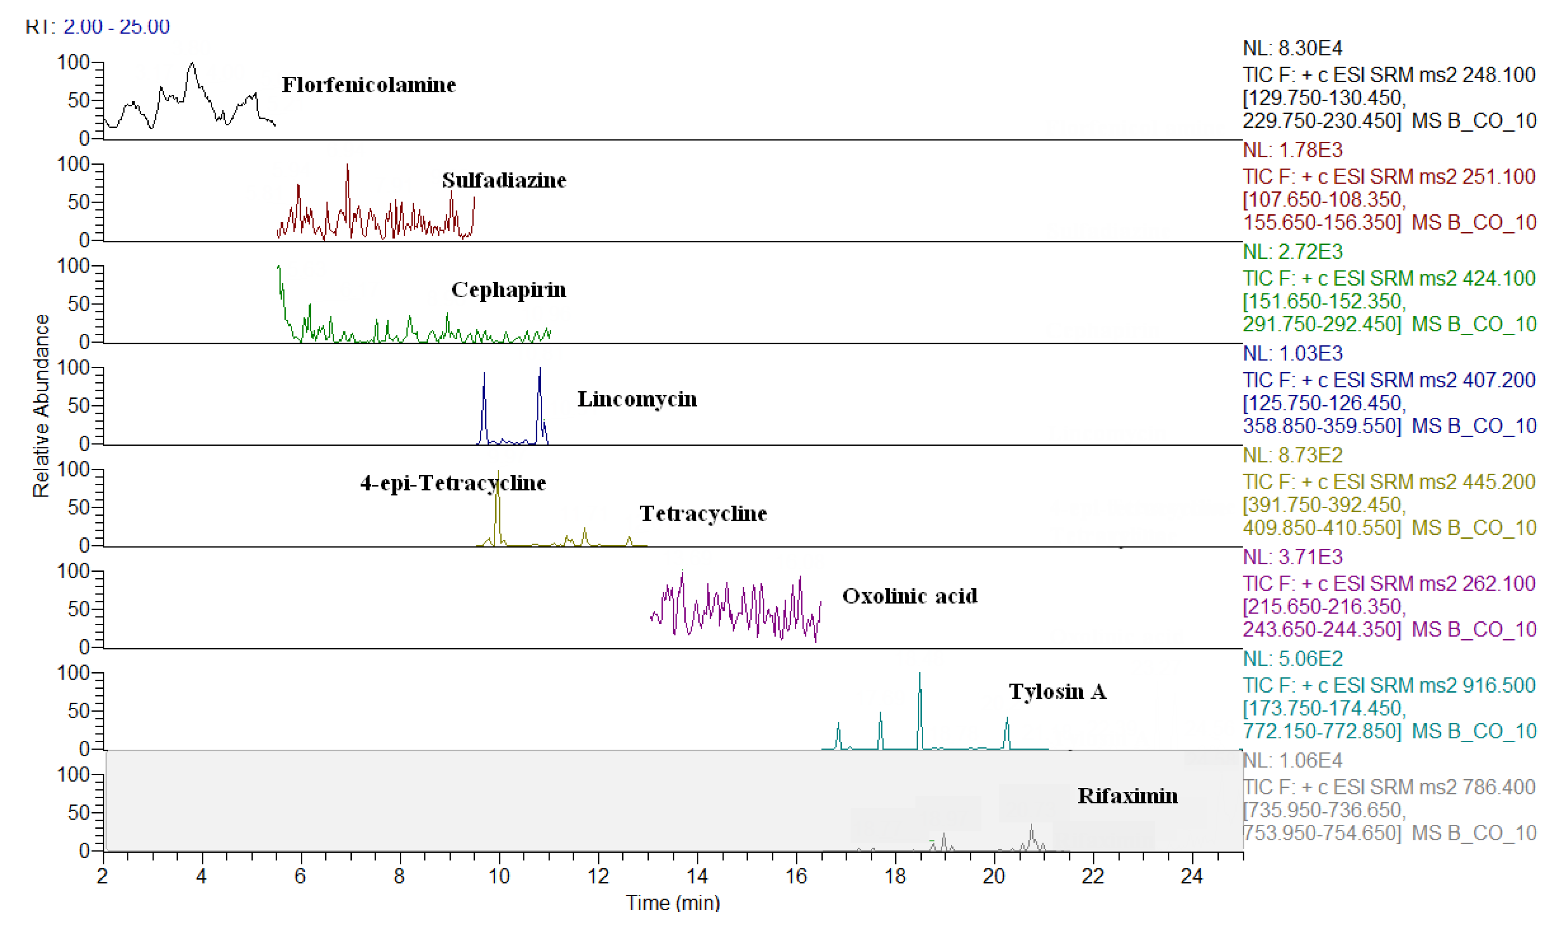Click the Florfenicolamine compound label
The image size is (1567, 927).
[x=368, y=85]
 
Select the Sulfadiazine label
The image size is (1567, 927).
[x=504, y=180]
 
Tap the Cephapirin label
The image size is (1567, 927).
[x=508, y=290]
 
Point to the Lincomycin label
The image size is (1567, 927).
[x=637, y=399]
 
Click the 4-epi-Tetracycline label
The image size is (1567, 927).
[x=453, y=483]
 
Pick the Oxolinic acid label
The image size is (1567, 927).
[x=909, y=596]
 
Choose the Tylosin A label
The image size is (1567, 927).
[x=1057, y=692]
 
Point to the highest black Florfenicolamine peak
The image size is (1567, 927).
[x=192, y=64]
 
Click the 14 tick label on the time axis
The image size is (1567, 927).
[x=697, y=877]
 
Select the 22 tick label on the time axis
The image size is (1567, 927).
[x=1093, y=877]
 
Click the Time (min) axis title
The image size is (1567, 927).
[x=673, y=903]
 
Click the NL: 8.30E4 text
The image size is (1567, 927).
[x=1292, y=48]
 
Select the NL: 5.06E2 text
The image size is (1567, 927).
[x=1292, y=658]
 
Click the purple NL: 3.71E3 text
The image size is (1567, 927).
[x=1292, y=557]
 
